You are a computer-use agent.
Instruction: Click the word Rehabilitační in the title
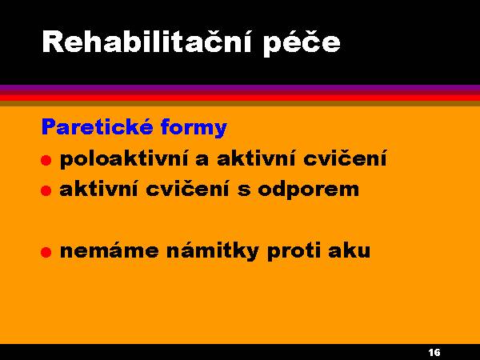147,42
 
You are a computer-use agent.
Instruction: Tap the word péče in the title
302,43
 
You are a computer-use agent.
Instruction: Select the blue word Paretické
98,126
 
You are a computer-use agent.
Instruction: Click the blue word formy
194,127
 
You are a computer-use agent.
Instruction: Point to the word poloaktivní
124,159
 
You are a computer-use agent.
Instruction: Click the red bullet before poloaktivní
46,160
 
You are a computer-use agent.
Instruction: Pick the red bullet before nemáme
46,252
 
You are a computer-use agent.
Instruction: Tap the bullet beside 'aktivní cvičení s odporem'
46,190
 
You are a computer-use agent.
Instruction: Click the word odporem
308,190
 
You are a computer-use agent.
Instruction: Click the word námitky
213,250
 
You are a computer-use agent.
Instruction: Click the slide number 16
434,352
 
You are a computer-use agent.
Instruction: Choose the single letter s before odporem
244,190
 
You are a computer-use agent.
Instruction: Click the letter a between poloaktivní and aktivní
202,160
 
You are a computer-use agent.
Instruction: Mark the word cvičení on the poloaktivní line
345,158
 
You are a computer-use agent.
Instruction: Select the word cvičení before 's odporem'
187,189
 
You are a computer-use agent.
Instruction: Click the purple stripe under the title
240,89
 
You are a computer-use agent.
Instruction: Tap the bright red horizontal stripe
240,98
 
